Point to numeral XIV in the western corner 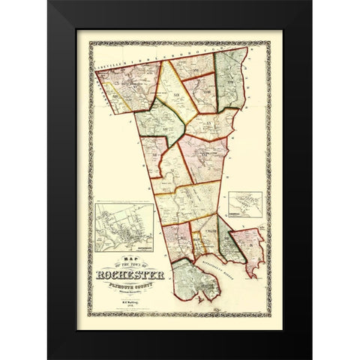pyautogui.click(x=116, y=97)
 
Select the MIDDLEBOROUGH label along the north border pyautogui.click(x=172, y=55)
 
